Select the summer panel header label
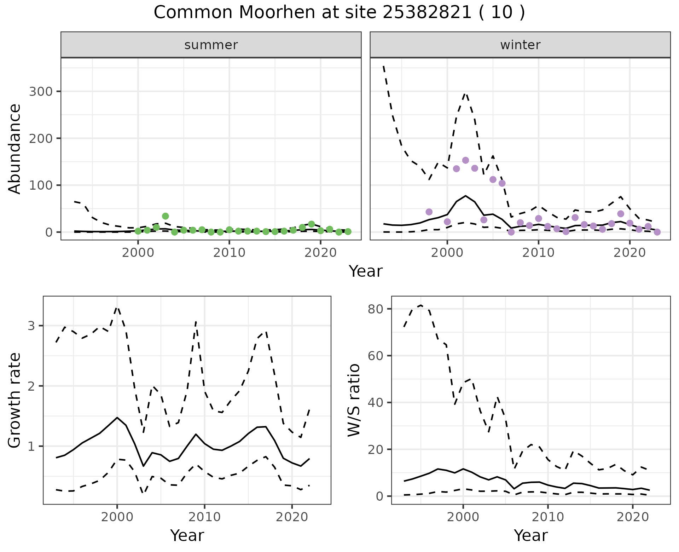pos(211,45)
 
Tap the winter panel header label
pos(520,45)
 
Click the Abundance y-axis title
pos(15,149)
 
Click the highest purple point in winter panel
pos(465,160)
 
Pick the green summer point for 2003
pos(166,216)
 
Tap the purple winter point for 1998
pos(429,212)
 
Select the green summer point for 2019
pos(312,224)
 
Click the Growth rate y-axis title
pos(15,400)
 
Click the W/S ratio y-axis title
pos(354,400)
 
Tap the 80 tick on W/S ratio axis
pos(376,309)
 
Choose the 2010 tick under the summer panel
pos(229,253)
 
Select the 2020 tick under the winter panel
pos(629,253)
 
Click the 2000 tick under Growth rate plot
pos(117,517)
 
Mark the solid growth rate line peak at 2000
pos(117,418)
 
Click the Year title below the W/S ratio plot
pos(531,535)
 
